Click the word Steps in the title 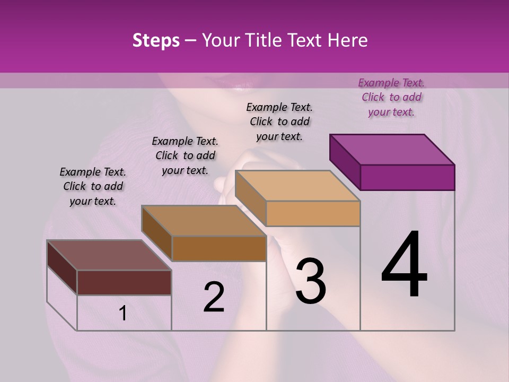coord(156,40)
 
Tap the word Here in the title coord(348,40)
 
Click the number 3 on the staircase coord(310,281)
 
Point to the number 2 coord(214,297)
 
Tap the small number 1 coord(123,314)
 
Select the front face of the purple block coord(407,177)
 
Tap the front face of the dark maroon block coord(124,282)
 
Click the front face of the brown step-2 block coord(219,248)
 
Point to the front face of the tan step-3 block coord(313,213)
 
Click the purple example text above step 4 coord(391,97)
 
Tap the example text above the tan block coord(279,121)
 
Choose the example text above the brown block coord(185,155)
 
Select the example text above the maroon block coord(93,186)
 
